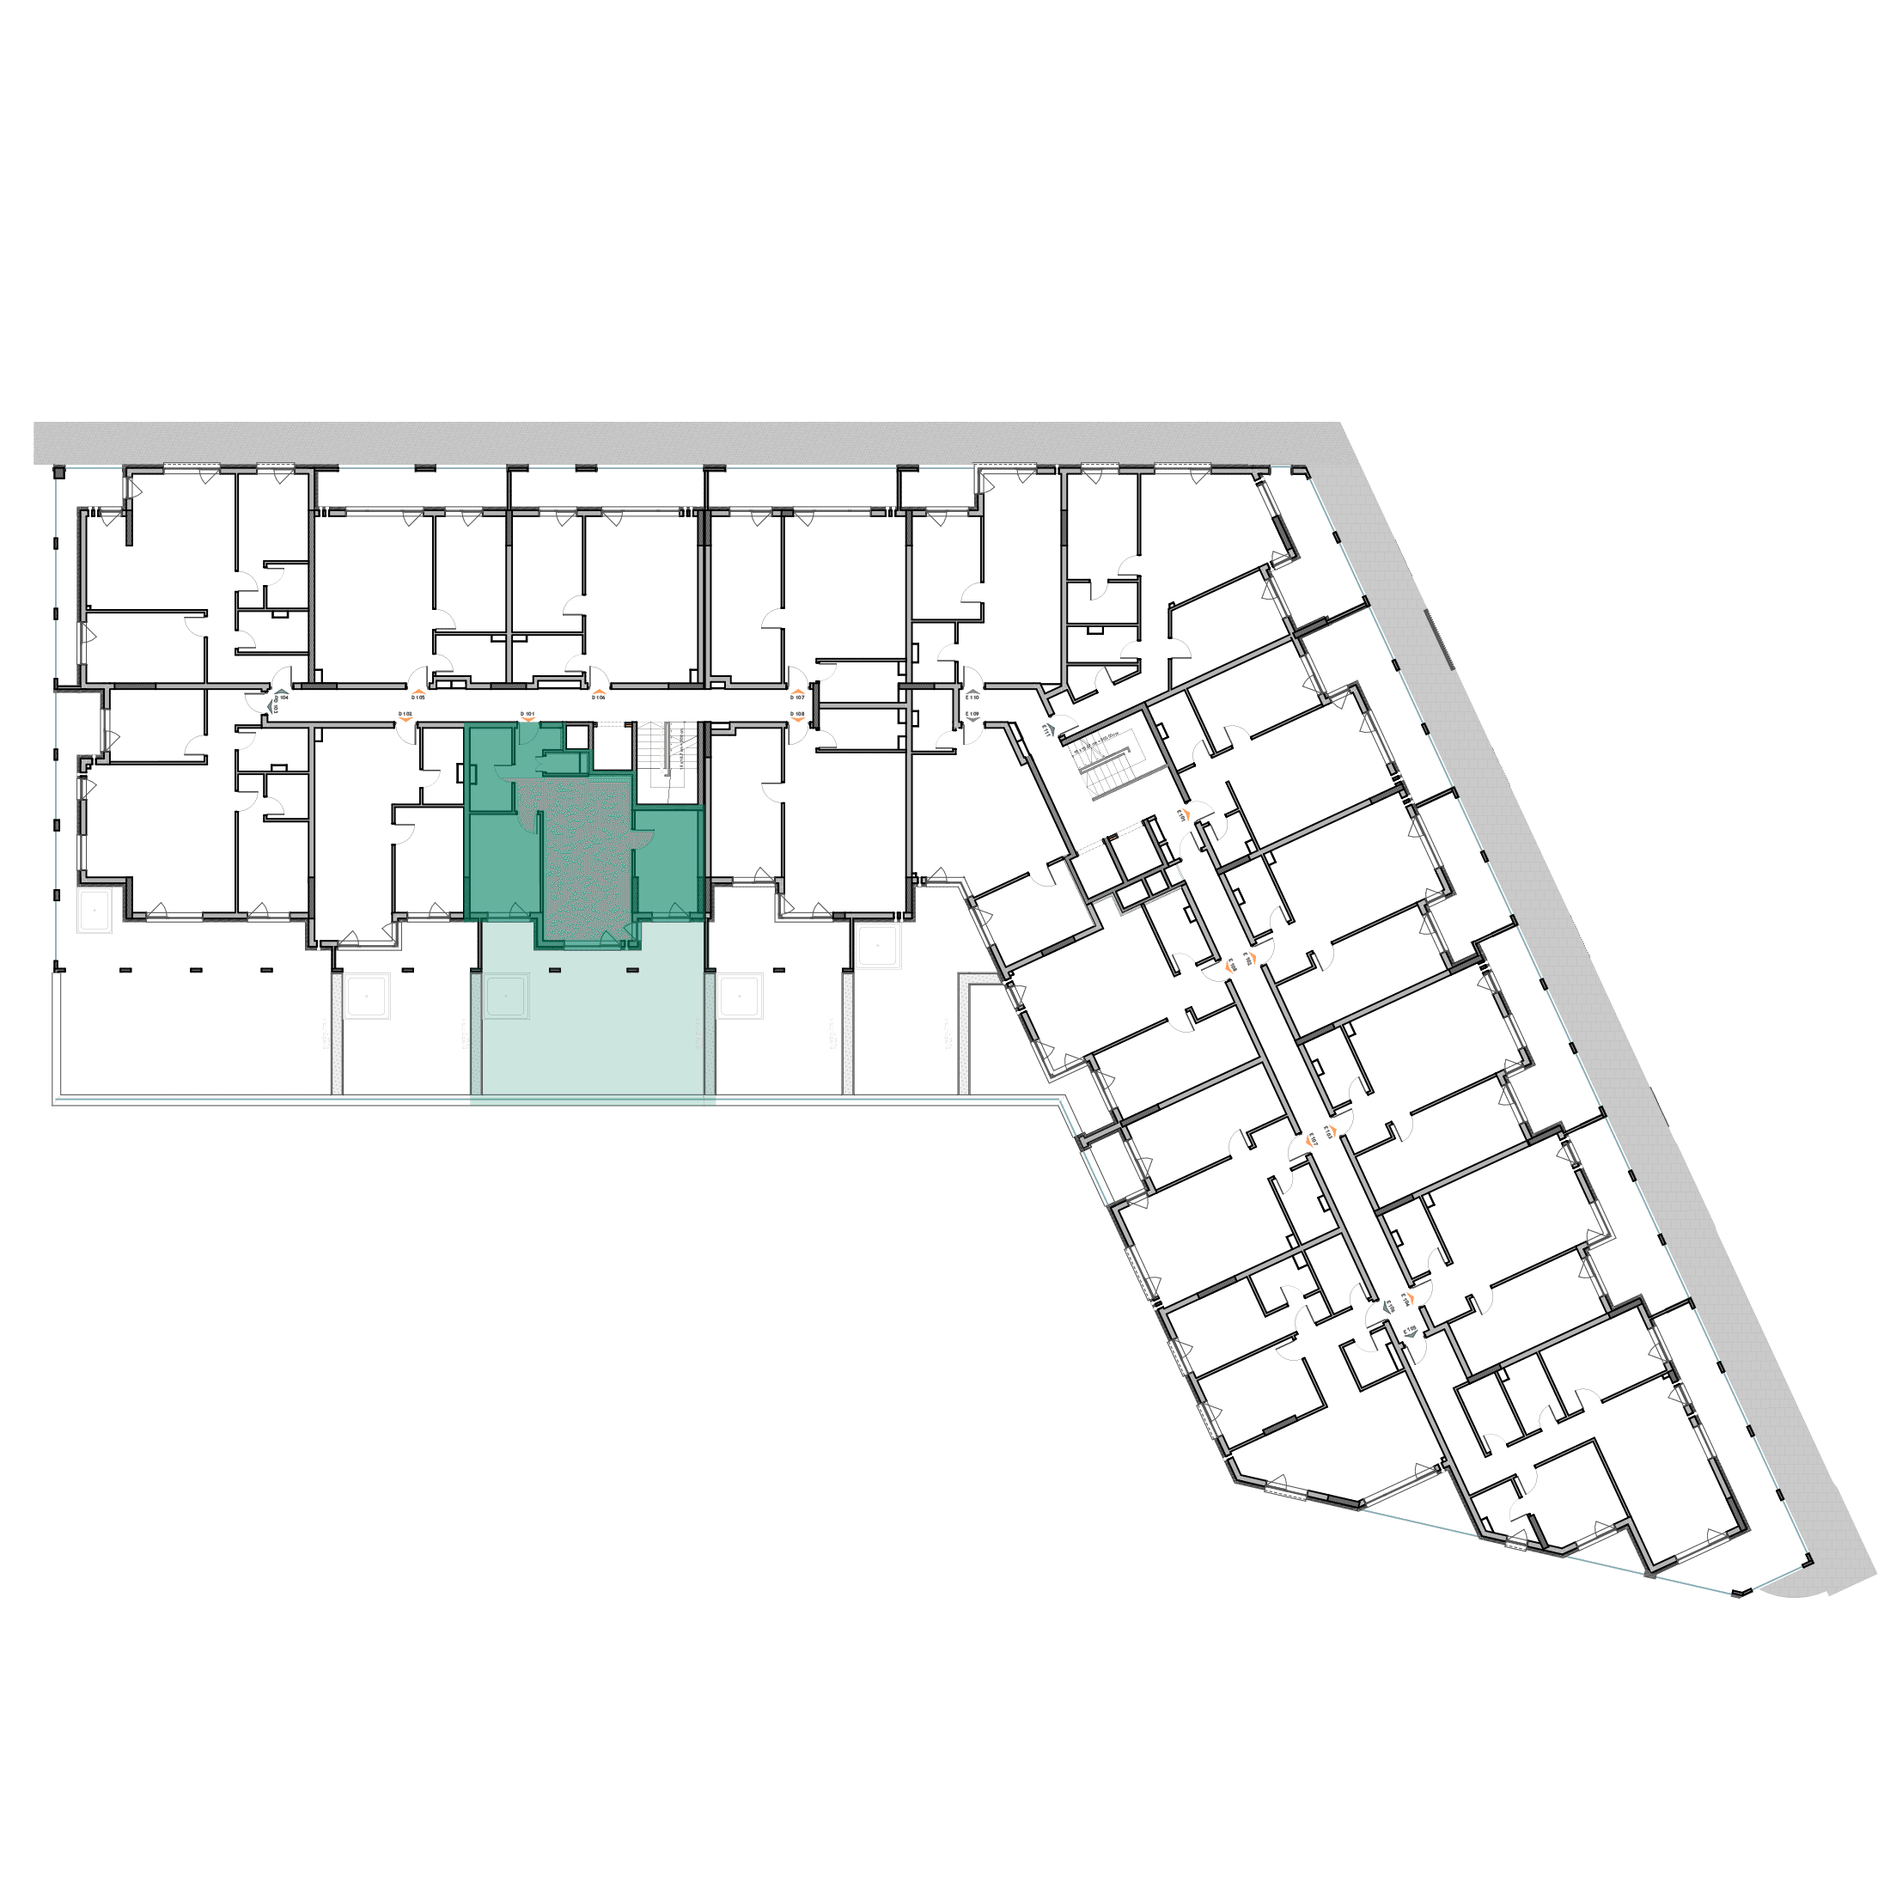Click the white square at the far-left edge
point(94,911)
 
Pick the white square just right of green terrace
point(740,996)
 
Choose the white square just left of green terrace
point(367,996)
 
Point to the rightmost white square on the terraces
point(876,946)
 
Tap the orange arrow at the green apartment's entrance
point(529,715)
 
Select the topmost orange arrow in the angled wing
point(1185,814)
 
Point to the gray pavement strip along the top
point(685,442)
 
